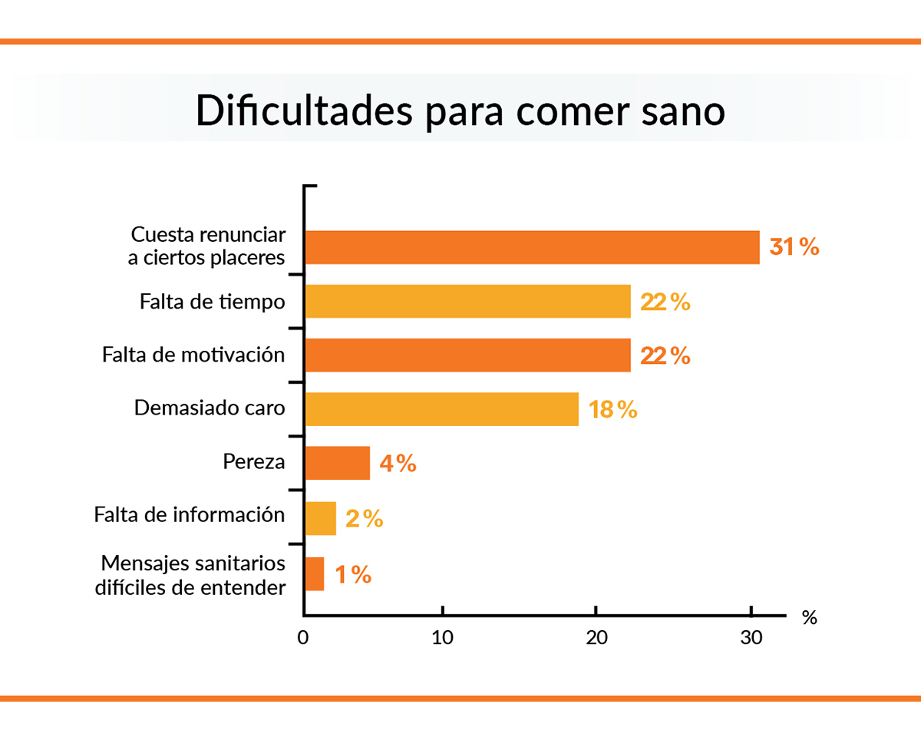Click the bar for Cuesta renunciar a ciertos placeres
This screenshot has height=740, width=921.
point(532,247)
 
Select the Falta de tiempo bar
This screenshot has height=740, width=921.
point(467,302)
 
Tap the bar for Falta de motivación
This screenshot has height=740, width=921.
point(467,355)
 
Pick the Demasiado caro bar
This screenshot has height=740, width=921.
point(441,409)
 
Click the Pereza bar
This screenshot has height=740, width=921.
point(337,463)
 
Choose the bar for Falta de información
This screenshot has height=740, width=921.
point(320,518)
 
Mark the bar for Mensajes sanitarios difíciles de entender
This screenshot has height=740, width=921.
point(314,573)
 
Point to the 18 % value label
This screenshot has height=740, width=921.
point(612,409)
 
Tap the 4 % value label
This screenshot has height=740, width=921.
point(397,464)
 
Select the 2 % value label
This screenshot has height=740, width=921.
point(364,519)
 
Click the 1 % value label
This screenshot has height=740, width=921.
point(352,574)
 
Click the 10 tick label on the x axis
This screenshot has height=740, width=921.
point(442,639)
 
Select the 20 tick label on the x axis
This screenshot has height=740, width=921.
point(596,639)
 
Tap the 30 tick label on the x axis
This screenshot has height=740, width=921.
point(751,639)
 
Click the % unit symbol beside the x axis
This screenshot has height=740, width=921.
point(809,618)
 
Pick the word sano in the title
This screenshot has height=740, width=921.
point(682,111)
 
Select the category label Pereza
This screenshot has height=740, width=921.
point(254,462)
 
